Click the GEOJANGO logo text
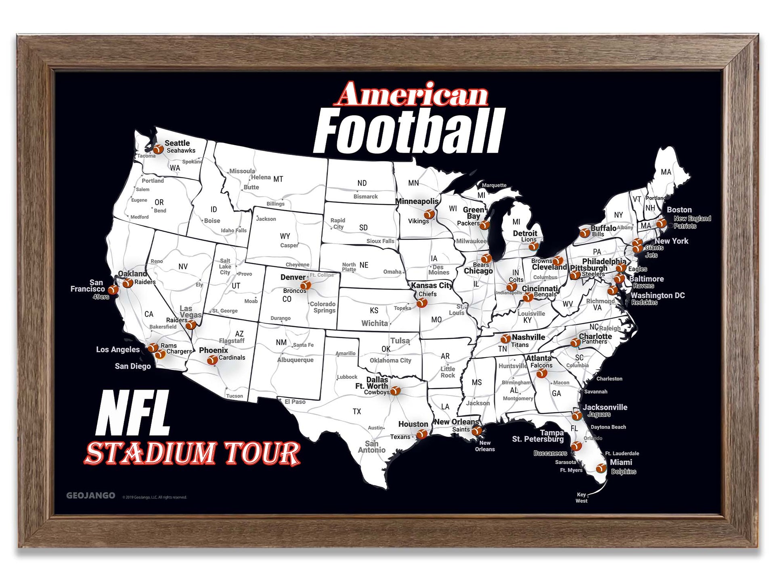[x=90, y=495]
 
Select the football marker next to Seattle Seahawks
[x=158, y=149]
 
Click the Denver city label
[x=293, y=277]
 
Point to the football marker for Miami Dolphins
[x=601, y=468]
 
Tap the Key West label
[x=581, y=497]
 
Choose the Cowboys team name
[x=377, y=392]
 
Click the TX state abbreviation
[x=357, y=412]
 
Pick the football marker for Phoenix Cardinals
[x=212, y=360]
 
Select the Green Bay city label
[x=473, y=213]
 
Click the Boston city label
[x=679, y=210]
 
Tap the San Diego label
[x=133, y=366]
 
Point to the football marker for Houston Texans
[x=421, y=434]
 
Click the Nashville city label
[x=528, y=337]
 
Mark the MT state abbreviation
[x=278, y=179]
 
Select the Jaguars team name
[x=599, y=414]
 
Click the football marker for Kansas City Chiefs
[x=422, y=302]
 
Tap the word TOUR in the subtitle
[x=262, y=453]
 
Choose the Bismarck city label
[x=365, y=196]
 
